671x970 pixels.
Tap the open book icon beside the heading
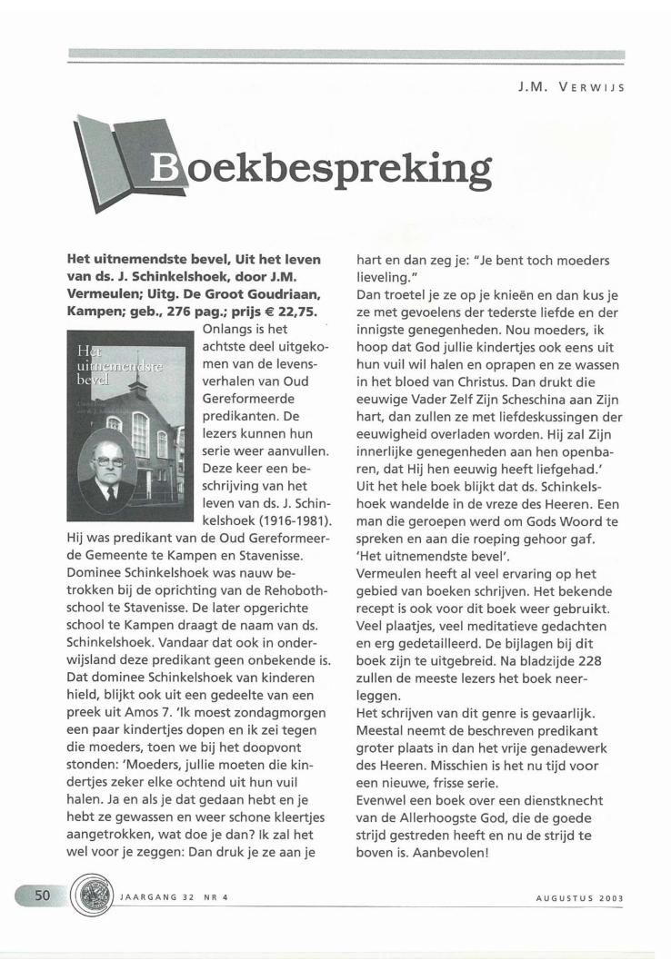point(105,164)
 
